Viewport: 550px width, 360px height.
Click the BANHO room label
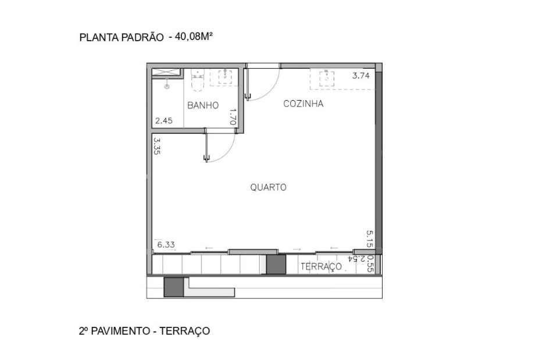click(x=203, y=106)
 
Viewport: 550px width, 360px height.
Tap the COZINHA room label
click(x=303, y=104)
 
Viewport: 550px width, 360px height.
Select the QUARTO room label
click(x=269, y=188)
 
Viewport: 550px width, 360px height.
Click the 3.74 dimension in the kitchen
click(x=361, y=75)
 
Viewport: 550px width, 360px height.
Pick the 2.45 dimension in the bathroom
click(x=163, y=122)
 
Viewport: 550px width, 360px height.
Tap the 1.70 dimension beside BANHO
click(x=233, y=117)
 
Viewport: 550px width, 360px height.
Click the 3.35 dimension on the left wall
click(x=156, y=145)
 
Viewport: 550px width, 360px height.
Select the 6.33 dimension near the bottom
click(x=166, y=245)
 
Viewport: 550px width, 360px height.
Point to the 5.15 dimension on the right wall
click(x=369, y=239)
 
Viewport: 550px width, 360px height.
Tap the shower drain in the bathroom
click(x=167, y=86)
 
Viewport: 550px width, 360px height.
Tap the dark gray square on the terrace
click(x=276, y=265)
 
